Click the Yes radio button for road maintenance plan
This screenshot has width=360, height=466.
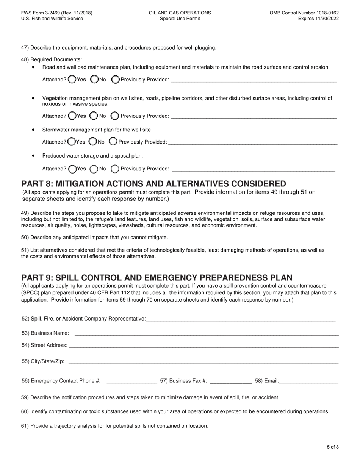pyautogui.click(x=72, y=80)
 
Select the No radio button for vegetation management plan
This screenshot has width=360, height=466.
pyautogui.click(x=93, y=116)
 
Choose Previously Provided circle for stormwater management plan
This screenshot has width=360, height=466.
pyautogui.click(x=113, y=142)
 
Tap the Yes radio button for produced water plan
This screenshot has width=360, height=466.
pyautogui.click(x=72, y=169)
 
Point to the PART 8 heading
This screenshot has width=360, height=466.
pyautogui.click(x=153, y=184)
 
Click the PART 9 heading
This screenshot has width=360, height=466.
pyautogui.click(x=157, y=278)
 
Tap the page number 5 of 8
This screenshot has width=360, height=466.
pyautogui.click(x=333, y=447)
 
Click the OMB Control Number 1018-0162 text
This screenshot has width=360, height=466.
pyautogui.click(x=304, y=13)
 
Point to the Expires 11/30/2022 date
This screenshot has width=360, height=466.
pyautogui.click(x=318, y=19)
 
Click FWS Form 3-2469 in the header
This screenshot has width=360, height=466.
pyautogui.click(x=57, y=13)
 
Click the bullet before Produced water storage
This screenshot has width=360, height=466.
pyautogui.click(x=34, y=155)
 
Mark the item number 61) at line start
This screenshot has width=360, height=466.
pyautogui.click(x=25, y=426)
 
